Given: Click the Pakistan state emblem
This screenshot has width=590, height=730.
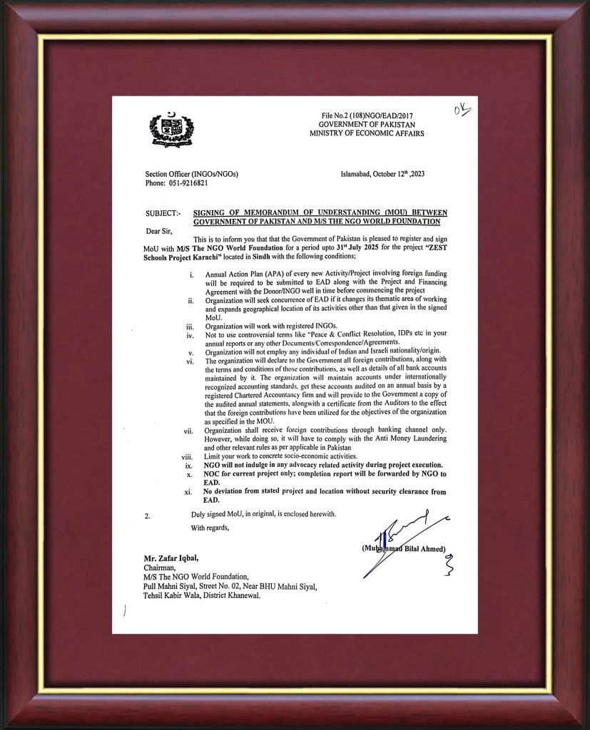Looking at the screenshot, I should coord(171,130).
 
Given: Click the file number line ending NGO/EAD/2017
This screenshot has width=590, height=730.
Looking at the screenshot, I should coord(367,115).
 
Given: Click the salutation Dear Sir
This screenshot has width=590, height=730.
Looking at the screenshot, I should coord(161,230).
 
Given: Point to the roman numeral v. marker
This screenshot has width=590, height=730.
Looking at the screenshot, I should coord(190,351).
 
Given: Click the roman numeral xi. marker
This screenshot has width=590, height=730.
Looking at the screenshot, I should coord(188,492).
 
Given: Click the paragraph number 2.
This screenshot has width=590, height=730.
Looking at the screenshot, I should coord(148,515).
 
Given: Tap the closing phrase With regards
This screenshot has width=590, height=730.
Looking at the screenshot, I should coord(210,528).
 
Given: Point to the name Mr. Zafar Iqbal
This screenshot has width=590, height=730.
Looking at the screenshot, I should coord(172,559).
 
